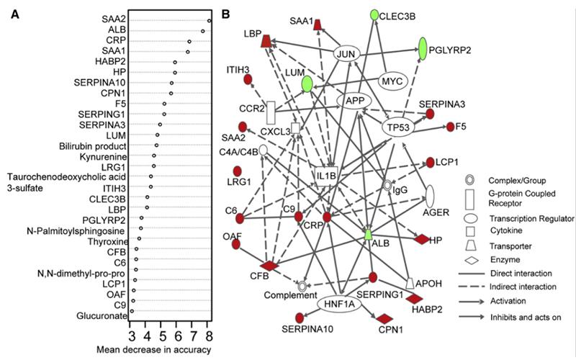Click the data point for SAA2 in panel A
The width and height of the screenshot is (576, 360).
(x=209, y=21)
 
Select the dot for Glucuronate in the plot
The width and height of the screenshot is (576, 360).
(x=132, y=311)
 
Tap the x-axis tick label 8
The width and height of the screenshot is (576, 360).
(x=209, y=335)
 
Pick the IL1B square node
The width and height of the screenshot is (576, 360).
(x=326, y=174)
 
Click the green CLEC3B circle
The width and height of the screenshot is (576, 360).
(x=374, y=14)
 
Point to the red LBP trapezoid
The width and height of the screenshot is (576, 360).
(x=266, y=42)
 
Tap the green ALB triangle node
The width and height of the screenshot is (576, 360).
(x=368, y=234)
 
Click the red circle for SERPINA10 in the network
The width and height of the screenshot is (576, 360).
(x=300, y=318)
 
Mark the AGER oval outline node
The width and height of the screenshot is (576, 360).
(x=431, y=195)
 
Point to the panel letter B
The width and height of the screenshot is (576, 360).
(x=227, y=14)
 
